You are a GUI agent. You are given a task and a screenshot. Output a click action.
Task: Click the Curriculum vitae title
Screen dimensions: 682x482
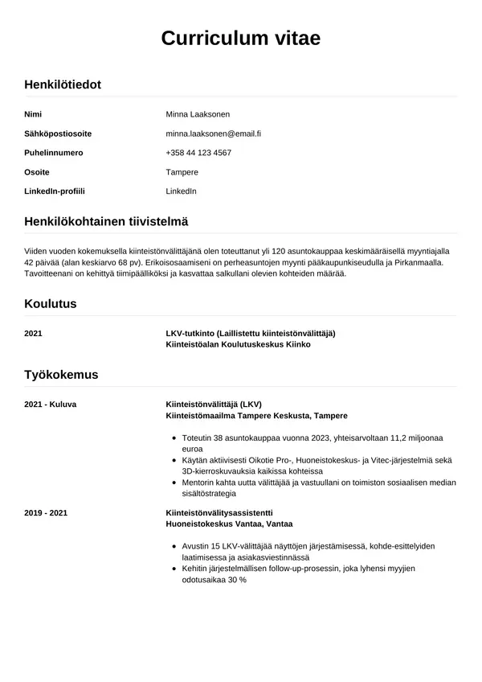pyautogui.click(x=241, y=38)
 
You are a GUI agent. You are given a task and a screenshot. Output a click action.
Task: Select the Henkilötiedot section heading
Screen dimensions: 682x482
pyautogui.click(x=63, y=84)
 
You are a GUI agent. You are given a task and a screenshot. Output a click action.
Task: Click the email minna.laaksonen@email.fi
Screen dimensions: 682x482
pyautogui.click(x=213, y=134)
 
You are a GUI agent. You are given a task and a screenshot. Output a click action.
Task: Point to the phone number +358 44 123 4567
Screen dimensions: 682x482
pyautogui.click(x=198, y=153)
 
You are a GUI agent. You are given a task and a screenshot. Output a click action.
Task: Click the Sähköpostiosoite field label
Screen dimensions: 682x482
pyautogui.click(x=58, y=134)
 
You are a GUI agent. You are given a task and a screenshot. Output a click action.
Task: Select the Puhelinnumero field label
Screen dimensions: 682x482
pyautogui.click(x=54, y=153)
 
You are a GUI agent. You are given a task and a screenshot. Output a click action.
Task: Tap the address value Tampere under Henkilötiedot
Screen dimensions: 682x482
pyautogui.click(x=182, y=172)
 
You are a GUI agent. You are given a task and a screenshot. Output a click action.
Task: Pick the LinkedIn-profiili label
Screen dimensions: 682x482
pyautogui.click(x=55, y=191)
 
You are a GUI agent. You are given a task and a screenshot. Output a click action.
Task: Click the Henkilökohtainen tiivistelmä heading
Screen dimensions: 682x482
pyautogui.click(x=106, y=221)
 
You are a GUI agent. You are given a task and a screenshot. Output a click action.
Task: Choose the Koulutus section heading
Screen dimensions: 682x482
pyautogui.click(x=51, y=304)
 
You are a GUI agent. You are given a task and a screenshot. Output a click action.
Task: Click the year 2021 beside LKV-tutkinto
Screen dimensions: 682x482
pyautogui.click(x=34, y=333)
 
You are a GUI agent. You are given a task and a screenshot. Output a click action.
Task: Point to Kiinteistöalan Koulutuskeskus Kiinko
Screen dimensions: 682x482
pyautogui.click(x=237, y=344)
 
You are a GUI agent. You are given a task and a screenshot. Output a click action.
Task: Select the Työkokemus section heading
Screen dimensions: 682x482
pyautogui.click(x=61, y=375)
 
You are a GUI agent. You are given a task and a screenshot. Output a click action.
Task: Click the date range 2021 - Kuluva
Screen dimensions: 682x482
pyautogui.click(x=50, y=404)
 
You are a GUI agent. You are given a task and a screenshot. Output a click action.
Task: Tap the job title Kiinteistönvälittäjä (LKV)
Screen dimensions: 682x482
pyautogui.click(x=214, y=404)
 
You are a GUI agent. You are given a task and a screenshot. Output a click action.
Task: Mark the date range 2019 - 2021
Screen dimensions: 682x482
pyautogui.click(x=45, y=512)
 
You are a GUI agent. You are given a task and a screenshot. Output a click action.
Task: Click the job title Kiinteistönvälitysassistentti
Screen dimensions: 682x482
pyautogui.click(x=219, y=512)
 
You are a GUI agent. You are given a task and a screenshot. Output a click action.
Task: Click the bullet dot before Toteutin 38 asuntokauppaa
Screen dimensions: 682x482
pyautogui.click(x=175, y=438)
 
